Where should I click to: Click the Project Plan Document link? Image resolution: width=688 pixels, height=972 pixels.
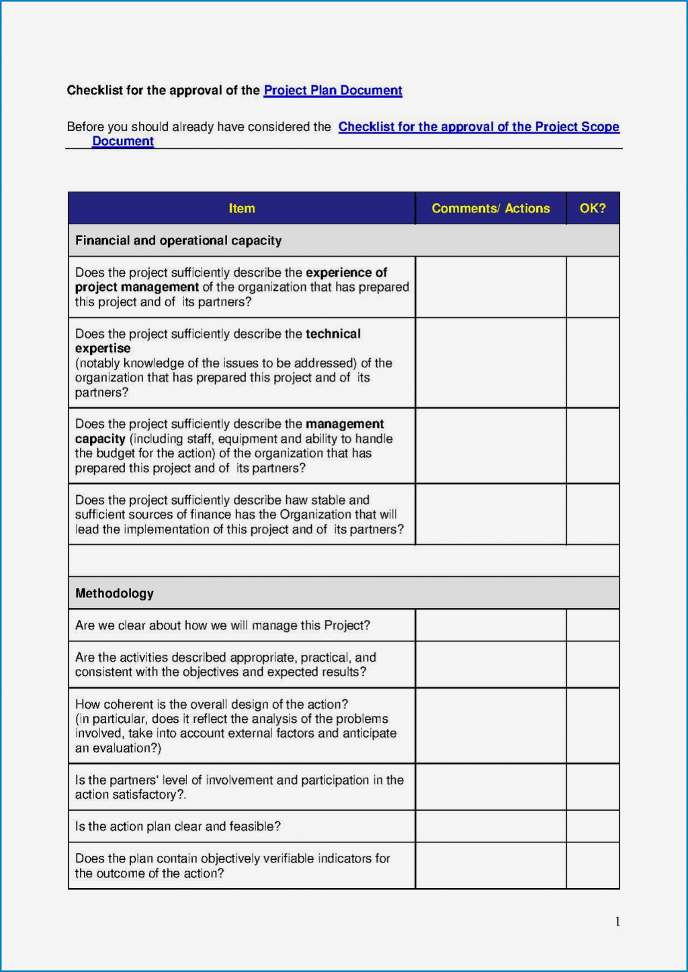pos(333,90)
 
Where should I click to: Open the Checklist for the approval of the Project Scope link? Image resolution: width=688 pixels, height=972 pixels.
pos(478,127)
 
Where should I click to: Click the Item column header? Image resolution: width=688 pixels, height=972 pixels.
pos(242,208)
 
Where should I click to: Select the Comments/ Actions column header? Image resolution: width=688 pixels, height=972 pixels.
pos(490,208)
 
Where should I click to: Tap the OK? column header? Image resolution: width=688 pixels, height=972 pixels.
pos(593,208)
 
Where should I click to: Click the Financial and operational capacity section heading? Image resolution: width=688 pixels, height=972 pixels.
pos(178,240)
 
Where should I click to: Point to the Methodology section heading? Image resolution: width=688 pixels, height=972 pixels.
pos(114,593)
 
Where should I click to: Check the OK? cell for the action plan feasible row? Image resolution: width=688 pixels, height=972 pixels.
pos(593,826)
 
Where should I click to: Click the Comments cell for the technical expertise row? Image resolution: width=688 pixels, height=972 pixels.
pos(490,363)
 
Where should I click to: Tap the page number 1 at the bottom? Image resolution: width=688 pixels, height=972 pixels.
pos(617,922)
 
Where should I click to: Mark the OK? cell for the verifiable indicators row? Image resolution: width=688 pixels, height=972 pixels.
pos(593,866)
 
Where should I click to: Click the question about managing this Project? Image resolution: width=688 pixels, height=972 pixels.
pos(222,625)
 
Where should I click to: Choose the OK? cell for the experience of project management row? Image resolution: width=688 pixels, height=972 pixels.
pos(593,287)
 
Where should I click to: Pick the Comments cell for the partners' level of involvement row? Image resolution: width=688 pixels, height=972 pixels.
pos(490,787)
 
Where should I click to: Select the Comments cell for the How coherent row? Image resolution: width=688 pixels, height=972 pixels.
pos(490,725)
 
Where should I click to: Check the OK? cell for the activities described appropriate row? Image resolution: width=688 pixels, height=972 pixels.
pos(593,664)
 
